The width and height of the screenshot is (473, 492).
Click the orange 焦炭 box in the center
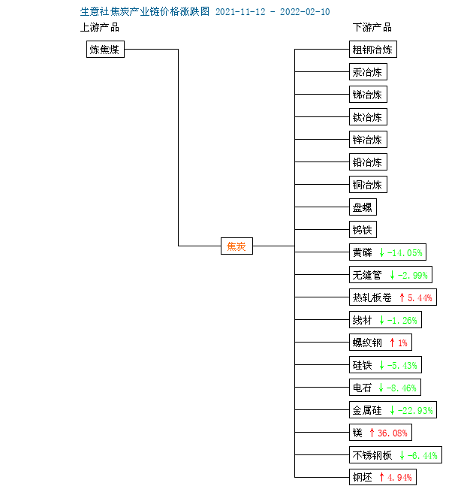tap(236, 246)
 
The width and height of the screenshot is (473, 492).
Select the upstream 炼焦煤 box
tap(105, 50)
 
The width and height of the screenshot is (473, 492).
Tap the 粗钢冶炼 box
tap(373, 50)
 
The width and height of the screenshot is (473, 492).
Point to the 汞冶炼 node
tap(368, 72)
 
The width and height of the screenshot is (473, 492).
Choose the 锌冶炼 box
tap(368, 139)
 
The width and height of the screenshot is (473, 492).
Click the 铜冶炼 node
tap(368, 185)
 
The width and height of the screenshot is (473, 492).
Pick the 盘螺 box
tap(363, 207)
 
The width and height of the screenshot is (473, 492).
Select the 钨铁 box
tap(363, 230)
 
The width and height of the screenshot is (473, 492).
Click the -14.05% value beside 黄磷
tap(405, 252)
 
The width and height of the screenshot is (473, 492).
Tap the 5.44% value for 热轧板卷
tap(420, 297)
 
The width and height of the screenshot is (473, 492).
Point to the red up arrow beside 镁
tap(372, 433)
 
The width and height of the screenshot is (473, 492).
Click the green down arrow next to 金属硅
tap(392, 410)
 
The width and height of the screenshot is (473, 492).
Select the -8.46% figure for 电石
tap(402, 388)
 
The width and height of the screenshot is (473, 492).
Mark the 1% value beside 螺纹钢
tap(402, 343)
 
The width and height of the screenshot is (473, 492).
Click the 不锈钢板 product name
tap(372, 455)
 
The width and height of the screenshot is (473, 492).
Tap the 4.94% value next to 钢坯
tap(399, 477)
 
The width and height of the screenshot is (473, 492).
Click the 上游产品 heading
tap(100, 27)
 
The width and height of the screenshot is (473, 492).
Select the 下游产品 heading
tap(372, 27)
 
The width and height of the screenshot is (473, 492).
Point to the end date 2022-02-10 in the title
tap(305, 12)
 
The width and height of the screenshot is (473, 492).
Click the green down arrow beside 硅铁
tap(381, 365)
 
